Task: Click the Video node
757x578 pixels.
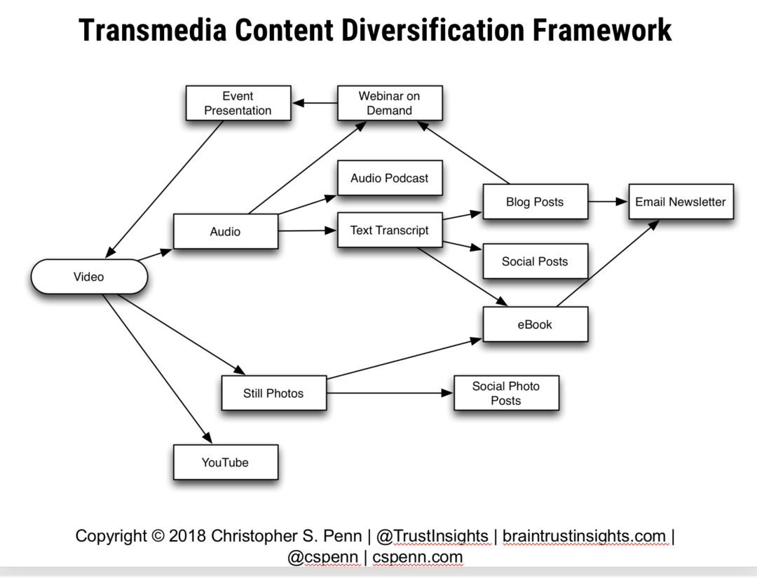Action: tap(89, 277)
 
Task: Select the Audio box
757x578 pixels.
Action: tap(225, 231)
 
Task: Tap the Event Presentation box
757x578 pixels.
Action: tap(238, 103)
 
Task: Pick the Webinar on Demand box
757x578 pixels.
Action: tap(389, 103)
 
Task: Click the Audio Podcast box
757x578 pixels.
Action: tap(389, 178)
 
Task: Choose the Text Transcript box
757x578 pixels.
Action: tap(389, 230)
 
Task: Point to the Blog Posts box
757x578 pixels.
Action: tap(534, 202)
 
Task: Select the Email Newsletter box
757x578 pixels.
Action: tap(680, 202)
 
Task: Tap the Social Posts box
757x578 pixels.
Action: tap(534, 261)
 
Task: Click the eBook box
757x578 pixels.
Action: tap(534, 324)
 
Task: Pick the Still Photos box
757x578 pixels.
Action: tap(273, 393)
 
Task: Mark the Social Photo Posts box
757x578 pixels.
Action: tap(505, 393)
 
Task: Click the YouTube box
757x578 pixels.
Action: tap(225, 462)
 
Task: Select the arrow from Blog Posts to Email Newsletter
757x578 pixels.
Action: tap(608, 202)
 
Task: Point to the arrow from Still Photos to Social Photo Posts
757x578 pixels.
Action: tap(390, 393)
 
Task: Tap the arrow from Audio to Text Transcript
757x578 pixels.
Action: tap(308, 230)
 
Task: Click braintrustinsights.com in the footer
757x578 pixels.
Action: tap(584, 537)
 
